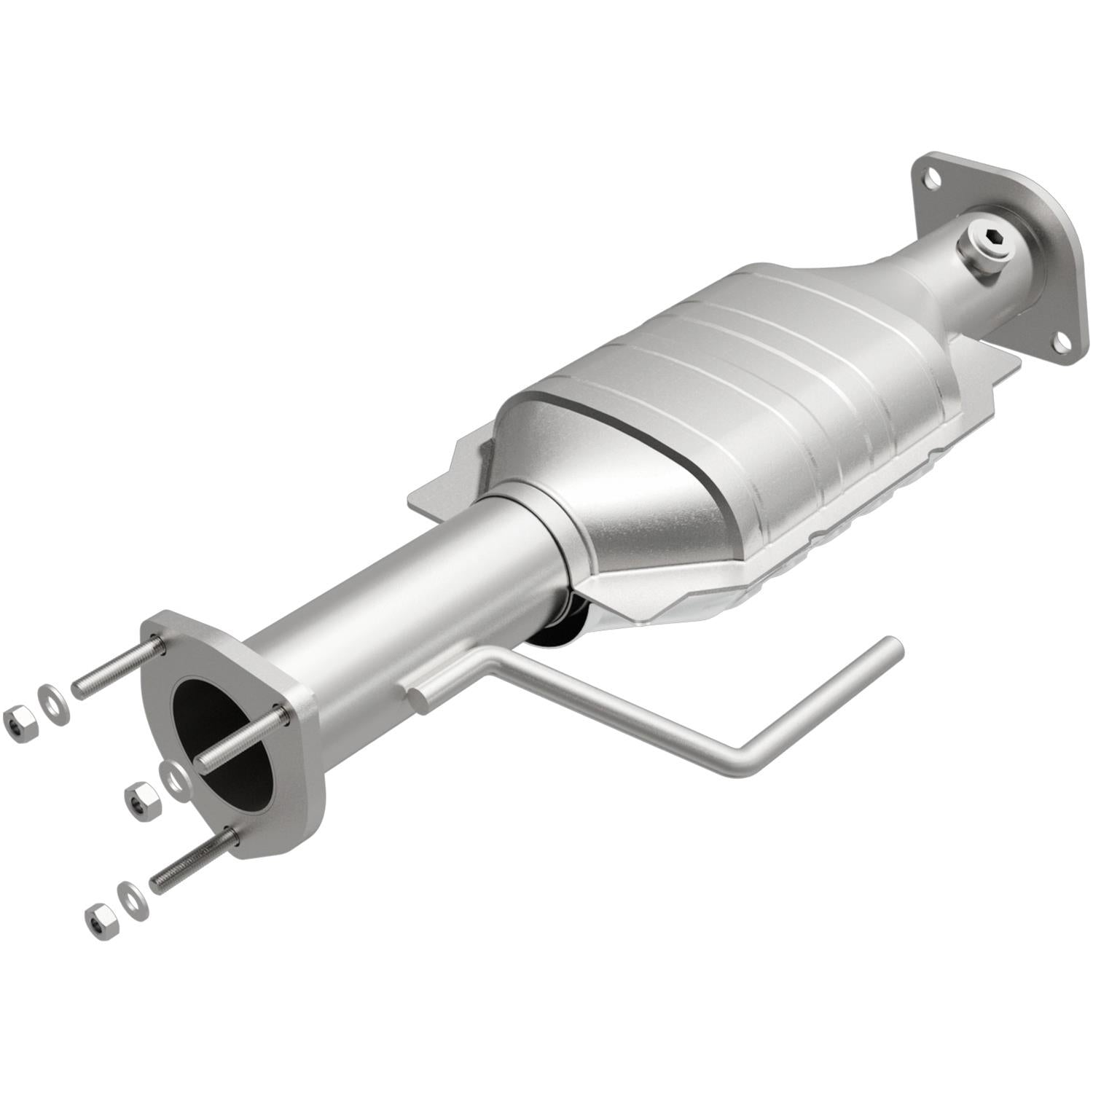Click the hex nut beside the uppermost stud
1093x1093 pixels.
[16, 721]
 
